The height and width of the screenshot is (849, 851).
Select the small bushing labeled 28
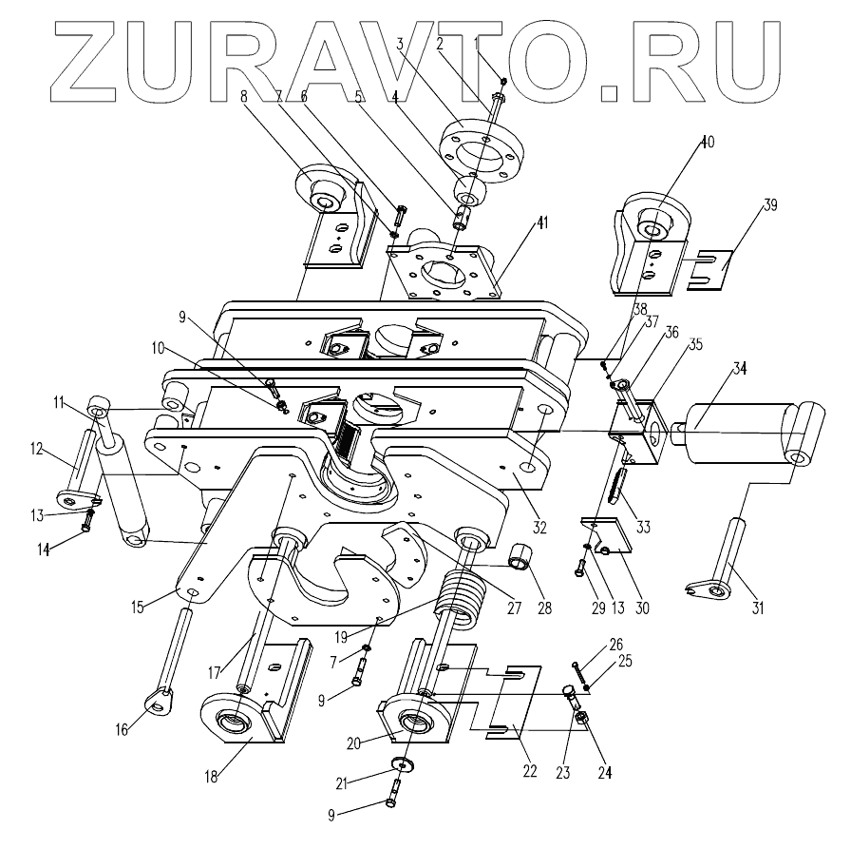tap(521, 555)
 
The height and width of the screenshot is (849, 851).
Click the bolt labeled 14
tap(88, 520)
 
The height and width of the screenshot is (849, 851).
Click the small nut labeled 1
tap(501, 83)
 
